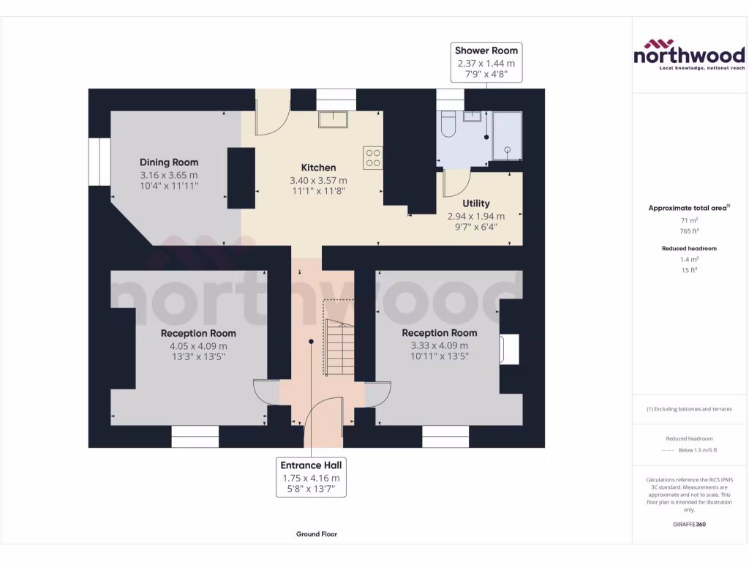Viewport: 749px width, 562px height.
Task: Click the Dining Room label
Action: click(169, 162)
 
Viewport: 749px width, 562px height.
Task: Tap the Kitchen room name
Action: click(318, 168)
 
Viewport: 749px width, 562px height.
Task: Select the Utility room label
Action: click(476, 203)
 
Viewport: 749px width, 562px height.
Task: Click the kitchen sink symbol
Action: click(334, 119)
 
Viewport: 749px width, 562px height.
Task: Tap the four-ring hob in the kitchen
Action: click(372, 157)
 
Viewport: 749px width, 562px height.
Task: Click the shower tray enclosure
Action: click(507, 135)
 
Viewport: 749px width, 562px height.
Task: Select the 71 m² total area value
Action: click(688, 220)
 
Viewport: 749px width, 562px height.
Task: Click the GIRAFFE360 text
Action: click(688, 524)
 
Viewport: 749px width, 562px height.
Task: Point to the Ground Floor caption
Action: click(317, 534)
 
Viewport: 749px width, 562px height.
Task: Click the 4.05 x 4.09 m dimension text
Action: click(198, 346)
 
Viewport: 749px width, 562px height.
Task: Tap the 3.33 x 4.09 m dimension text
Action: click(439, 346)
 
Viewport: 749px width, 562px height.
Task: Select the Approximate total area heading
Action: click(688, 208)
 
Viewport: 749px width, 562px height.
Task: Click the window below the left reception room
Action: click(195, 438)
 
